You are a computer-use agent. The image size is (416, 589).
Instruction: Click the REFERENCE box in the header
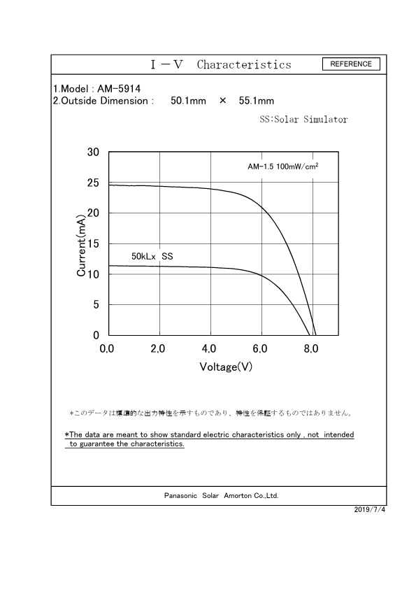click(351, 64)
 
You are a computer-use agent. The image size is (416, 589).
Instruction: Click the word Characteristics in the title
click(244, 65)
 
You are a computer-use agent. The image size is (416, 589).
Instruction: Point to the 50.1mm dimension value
click(188, 101)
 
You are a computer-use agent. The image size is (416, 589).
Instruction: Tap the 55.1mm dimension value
click(256, 101)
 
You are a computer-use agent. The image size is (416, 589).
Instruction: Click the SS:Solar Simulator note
click(303, 120)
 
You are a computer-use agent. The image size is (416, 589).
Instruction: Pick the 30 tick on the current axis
click(92, 152)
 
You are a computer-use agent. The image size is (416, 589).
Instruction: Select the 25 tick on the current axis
click(92, 183)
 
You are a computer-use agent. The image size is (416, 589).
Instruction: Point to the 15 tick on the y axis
click(92, 243)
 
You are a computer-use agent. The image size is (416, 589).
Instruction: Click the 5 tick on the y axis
click(95, 305)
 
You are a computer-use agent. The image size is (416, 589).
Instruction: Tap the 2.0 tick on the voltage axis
click(158, 348)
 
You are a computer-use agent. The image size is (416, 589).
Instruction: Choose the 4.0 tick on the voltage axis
click(209, 348)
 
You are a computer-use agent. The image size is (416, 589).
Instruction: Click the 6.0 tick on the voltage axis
click(260, 348)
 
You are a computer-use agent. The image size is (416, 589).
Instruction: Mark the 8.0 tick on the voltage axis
click(311, 348)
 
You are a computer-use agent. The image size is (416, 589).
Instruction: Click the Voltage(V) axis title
click(225, 367)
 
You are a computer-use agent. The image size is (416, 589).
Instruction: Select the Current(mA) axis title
click(81, 245)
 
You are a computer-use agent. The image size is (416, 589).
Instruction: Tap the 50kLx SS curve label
click(152, 257)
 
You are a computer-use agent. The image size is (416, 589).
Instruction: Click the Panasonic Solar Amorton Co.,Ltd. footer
click(221, 495)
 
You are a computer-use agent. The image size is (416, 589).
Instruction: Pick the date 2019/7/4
click(370, 509)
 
